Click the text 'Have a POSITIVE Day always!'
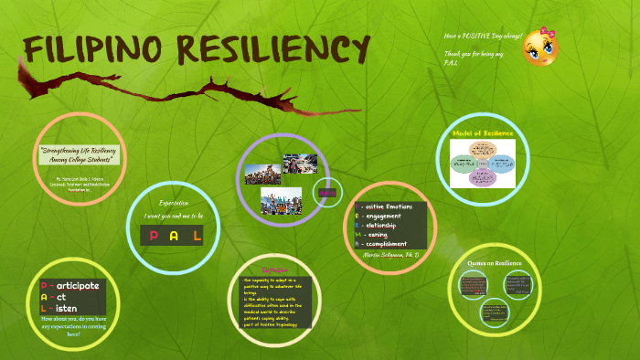coord(483,36)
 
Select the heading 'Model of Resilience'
coord(484,133)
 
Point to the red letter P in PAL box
coord(153,237)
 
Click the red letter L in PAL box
coord(196,237)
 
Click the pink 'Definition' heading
coord(275,270)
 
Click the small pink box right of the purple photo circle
coord(327,193)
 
